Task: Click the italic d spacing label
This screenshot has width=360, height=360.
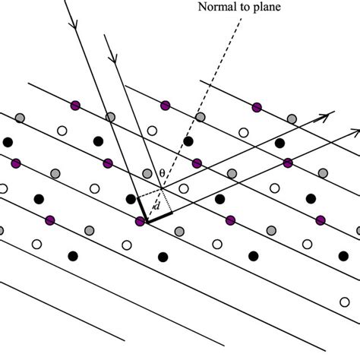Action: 156,205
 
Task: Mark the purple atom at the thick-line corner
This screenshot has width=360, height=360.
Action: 140,222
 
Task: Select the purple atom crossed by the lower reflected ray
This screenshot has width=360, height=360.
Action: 287,163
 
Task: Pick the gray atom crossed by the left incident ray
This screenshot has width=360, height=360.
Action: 111,116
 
